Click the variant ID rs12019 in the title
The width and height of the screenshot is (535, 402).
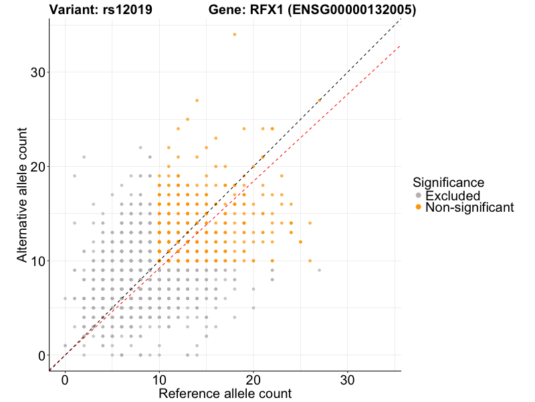(126, 10)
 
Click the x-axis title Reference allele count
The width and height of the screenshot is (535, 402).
(225, 393)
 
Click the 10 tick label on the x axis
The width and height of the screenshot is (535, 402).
(159, 379)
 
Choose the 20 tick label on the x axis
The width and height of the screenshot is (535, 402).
(253, 379)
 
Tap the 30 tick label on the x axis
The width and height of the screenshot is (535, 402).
(348, 379)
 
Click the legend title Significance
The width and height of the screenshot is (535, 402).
(449, 182)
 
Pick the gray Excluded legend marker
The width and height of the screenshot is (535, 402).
(419, 196)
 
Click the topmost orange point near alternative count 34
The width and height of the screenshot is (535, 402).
(235, 34)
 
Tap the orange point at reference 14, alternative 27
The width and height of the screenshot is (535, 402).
(197, 100)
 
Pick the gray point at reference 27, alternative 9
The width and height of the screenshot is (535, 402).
(319, 270)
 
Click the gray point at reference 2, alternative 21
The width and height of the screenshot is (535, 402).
(84, 157)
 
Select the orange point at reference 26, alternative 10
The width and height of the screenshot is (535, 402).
(310, 261)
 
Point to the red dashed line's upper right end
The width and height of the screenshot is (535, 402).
(399, 46)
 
